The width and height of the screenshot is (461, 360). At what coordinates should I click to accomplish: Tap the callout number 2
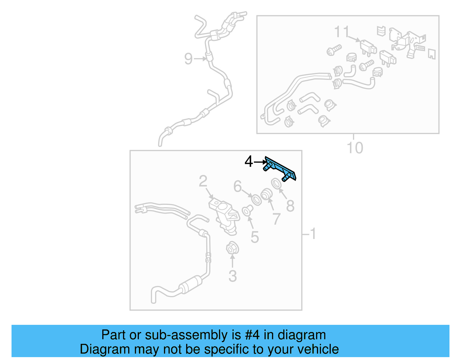203,182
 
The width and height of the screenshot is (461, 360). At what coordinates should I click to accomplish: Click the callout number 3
233,276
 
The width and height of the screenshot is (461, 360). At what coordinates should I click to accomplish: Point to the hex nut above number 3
232,248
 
